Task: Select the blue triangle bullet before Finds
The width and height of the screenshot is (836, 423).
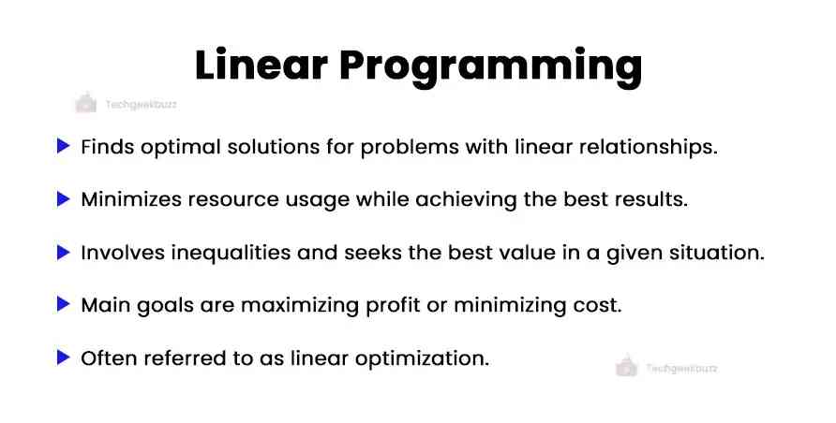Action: (64, 146)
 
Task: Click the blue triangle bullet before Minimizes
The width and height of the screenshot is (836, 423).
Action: (64, 198)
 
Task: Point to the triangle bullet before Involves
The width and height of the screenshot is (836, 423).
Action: (64, 252)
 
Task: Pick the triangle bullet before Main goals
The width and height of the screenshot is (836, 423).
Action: (64, 304)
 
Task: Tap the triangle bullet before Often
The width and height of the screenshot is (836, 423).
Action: (64, 357)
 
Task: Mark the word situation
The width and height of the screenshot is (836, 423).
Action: (717, 253)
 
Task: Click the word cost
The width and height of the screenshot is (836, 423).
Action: (599, 305)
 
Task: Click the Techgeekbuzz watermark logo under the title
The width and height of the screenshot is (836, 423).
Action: (85, 104)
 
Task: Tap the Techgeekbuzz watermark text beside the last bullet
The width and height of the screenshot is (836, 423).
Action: (681, 369)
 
